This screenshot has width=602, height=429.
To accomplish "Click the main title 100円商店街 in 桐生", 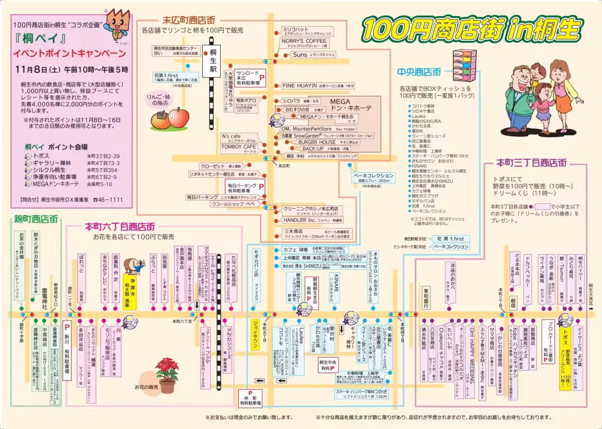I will point(471,31).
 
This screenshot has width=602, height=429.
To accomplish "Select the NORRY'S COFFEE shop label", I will point(304,41).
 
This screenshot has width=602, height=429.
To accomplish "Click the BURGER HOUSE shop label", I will point(317,142).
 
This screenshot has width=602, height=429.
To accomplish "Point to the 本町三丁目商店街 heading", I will point(532,163).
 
